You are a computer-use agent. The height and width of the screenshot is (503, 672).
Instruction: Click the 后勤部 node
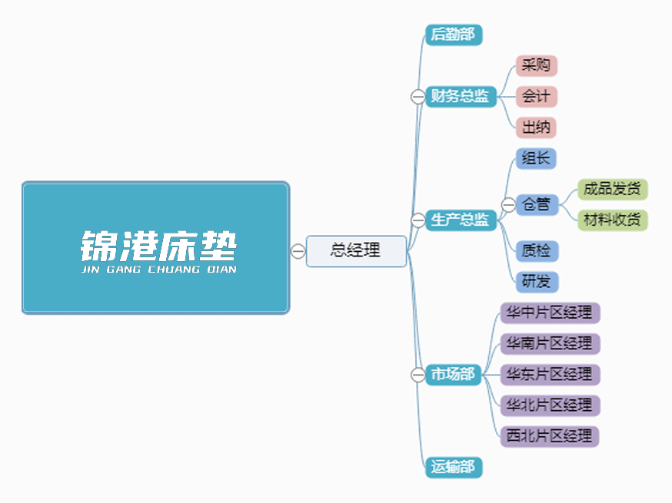[x=453, y=35]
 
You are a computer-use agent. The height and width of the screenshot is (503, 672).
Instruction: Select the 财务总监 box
[x=460, y=97]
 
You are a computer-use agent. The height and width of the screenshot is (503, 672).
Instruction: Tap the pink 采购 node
[x=536, y=66]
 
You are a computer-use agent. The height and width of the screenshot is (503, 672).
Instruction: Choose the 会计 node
[x=536, y=97]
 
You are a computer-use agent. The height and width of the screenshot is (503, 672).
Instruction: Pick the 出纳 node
[x=536, y=127]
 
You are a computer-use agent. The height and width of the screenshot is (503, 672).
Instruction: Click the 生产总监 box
[x=460, y=220]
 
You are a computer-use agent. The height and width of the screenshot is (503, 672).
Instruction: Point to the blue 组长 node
[x=536, y=159]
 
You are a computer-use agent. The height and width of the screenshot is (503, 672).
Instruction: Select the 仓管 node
[x=536, y=205]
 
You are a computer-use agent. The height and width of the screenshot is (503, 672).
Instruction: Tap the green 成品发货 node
[x=612, y=189]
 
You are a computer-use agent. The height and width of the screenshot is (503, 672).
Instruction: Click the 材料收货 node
[x=612, y=220]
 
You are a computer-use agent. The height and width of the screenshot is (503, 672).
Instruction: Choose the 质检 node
[x=536, y=251]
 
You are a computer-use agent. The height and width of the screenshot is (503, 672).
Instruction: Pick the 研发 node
[x=536, y=282]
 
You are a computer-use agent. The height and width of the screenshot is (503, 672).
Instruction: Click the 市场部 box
[x=453, y=375]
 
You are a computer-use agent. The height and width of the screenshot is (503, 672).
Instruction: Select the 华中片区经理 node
[x=549, y=313]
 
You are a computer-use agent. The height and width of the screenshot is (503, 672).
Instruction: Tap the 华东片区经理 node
[x=549, y=375]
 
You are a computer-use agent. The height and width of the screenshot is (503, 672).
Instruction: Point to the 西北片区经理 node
[x=549, y=436]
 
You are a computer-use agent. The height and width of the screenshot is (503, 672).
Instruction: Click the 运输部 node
[x=453, y=467]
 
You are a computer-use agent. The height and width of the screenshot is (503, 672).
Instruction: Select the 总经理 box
[x=356, y=251]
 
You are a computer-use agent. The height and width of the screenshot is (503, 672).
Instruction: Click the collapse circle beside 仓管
[x=508, y=205]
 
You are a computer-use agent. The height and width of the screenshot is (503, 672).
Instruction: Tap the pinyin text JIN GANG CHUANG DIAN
[x=158, y=270]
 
